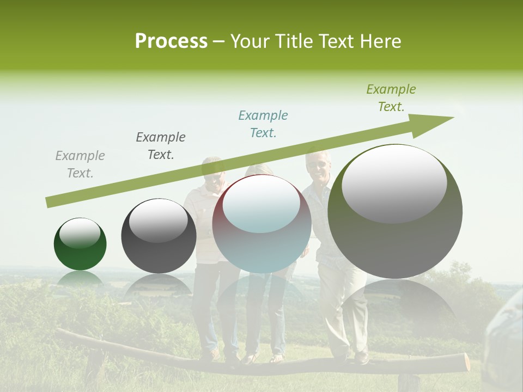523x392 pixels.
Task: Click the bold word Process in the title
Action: pos(171,41)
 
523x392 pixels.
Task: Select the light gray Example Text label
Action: pos(80,164)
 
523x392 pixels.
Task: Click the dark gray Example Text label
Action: pos(161,145)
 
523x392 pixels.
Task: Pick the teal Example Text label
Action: pos(263,124)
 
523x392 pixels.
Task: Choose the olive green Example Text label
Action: pos(391,98)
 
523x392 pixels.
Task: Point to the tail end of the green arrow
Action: pos(49,203)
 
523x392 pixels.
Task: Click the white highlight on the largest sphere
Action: pos(394,184)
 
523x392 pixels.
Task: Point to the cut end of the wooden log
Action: pos(466,362)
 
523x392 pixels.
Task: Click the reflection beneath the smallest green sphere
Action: pos(80,280)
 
